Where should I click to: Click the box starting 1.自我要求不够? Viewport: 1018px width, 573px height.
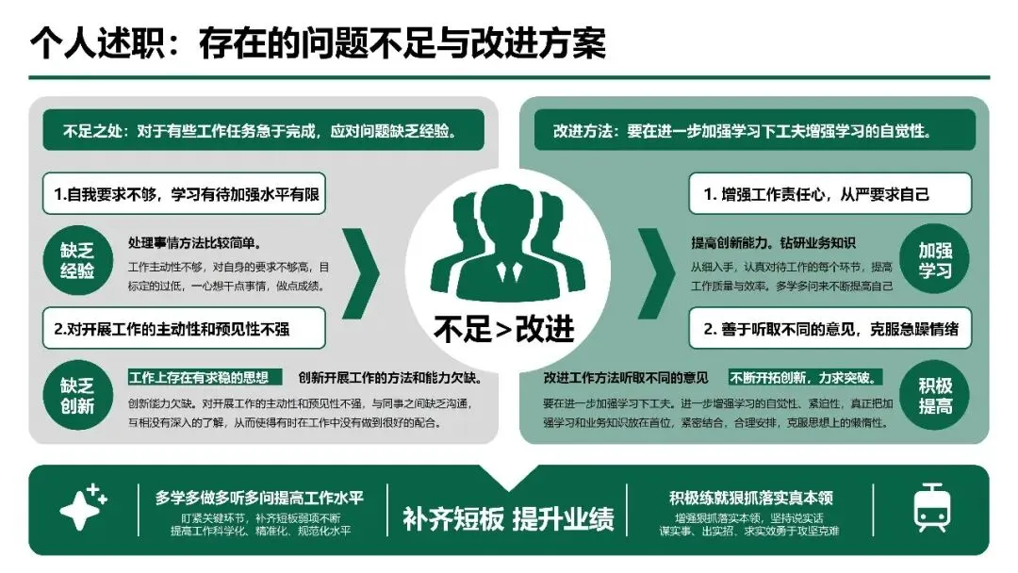185,195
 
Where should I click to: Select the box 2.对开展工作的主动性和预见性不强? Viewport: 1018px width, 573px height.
185,329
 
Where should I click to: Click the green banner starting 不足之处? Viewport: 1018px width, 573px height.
263,131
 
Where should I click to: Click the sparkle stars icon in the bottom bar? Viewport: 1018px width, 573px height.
83,508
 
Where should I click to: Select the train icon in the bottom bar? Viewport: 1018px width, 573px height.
930,509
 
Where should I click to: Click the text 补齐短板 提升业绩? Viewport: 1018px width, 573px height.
508,518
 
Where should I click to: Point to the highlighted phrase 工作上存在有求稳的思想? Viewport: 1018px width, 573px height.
205,378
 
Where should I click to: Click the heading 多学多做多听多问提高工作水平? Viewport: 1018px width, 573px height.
259,497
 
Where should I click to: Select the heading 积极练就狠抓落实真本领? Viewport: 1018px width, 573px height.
750,497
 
